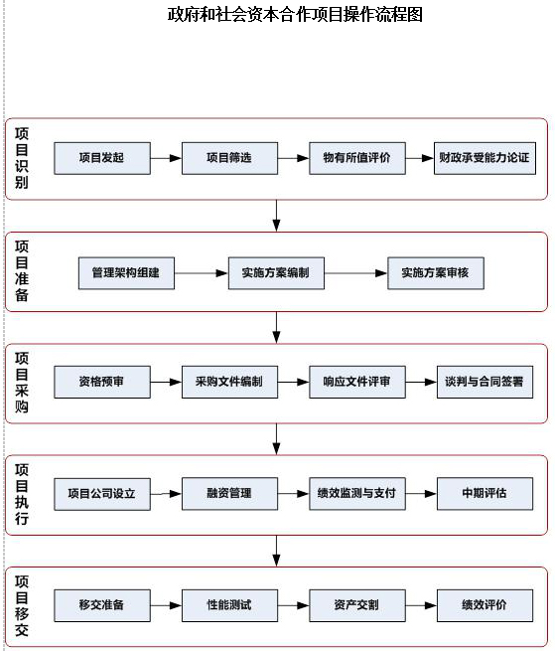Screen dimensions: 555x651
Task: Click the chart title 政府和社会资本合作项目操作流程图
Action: point(295,15)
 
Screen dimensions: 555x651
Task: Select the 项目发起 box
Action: point(102,158)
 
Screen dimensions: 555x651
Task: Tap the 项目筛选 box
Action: point(229,158)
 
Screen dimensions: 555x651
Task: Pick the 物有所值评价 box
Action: point(357,158)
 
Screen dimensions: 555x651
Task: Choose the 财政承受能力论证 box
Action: point(485,158)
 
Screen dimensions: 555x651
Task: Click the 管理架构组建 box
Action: point(126,273)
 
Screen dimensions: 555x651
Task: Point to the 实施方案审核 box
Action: point(436,273)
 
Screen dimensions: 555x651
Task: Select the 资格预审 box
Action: point(102,382)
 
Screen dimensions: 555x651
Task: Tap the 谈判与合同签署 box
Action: point(485,382)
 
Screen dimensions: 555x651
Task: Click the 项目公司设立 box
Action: point(102,494)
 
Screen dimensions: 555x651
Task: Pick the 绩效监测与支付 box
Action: point(357,494)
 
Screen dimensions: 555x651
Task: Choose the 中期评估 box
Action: point(485,494)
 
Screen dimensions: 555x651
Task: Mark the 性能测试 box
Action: point(229,605)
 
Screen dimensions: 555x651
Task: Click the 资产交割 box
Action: point(357,605)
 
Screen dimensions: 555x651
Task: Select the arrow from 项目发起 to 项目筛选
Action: point(166,158)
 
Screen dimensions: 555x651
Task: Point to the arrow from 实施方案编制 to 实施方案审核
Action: point(355,273)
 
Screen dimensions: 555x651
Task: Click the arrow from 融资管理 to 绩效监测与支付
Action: point(293,494)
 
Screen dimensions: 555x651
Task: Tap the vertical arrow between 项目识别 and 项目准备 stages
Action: point(277,216)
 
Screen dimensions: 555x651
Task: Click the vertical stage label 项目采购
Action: point(22,383)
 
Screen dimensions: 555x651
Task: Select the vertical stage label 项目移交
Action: point(22,606)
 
